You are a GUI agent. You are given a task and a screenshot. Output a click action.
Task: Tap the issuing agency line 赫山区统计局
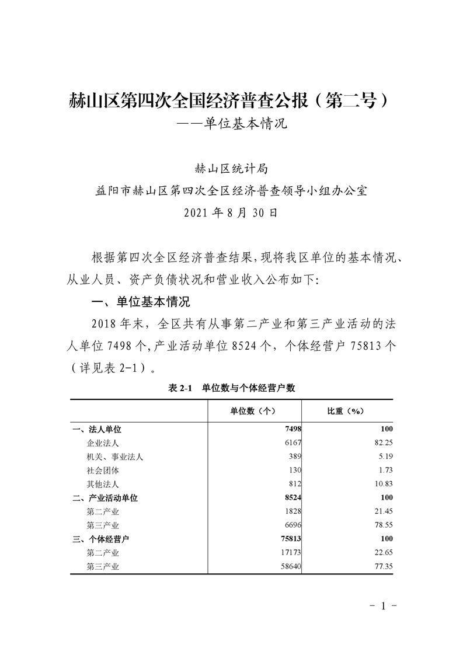click(231, 169)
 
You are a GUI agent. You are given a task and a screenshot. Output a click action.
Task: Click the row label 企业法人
click(103, 443)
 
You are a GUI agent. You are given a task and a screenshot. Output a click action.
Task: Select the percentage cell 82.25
click(382, 443)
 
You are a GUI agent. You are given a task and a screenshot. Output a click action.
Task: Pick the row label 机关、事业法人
click(114, 457)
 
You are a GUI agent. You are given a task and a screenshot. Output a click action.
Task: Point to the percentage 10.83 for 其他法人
click(382, 484)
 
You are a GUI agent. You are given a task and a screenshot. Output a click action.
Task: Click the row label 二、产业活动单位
click(105, 497)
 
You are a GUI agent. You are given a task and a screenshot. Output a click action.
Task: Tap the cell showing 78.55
click(382, 525)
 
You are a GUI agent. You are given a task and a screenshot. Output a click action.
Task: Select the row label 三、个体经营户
click(101, 538)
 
